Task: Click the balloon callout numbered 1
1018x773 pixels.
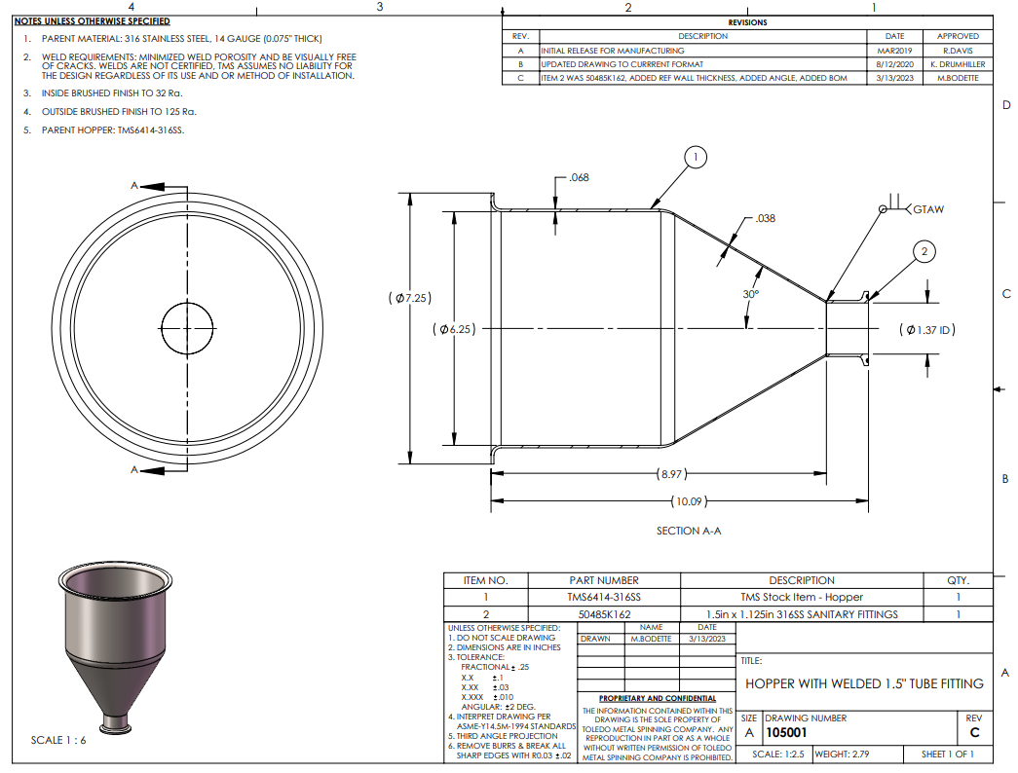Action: [696, 157]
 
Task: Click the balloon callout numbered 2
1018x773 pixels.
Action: [924, 252]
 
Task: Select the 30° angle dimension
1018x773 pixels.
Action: [750, 294]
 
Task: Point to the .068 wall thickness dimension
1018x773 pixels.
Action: [579, 178]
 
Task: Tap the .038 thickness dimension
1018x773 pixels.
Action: [766, 219]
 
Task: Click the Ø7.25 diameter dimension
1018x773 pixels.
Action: [410, 298]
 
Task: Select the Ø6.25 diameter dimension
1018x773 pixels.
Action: [454, 329]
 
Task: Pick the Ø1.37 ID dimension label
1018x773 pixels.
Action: [927, 330]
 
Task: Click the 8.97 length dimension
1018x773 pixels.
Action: [671, 474]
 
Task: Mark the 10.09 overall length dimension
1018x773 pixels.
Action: [689, 501]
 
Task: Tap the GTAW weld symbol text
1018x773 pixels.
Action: [928, 209]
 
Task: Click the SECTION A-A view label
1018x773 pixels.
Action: [688, 531]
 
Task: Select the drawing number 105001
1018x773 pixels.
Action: [786, 733]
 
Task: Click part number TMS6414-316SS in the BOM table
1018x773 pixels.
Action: [604, 597]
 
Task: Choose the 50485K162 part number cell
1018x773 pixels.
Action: [604, 614]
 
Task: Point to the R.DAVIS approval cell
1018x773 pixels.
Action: [958, 51]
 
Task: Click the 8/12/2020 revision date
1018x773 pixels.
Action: [894, 64]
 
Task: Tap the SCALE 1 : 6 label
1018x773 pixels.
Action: [58, 740]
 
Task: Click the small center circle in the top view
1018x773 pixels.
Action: [187, 328]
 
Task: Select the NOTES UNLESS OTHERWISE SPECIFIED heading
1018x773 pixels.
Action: [93, 21]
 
